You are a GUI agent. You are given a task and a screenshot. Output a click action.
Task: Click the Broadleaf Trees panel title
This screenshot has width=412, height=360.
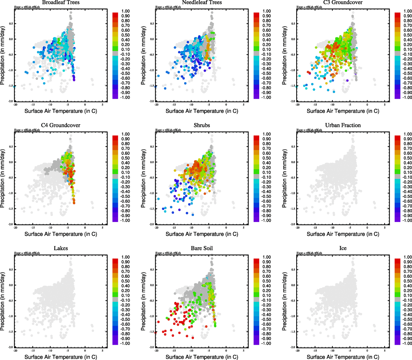(61, 2)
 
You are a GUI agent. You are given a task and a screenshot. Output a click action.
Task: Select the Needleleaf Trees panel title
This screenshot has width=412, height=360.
(202, 2)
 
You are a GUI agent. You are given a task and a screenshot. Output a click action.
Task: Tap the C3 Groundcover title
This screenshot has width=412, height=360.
(343, 2)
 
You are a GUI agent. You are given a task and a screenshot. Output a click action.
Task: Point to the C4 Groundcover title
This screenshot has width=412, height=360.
(61, 125)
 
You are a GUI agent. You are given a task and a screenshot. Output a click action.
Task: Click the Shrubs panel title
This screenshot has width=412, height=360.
(202, 125)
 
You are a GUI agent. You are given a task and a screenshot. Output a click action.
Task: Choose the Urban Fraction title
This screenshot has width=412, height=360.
(343, 125)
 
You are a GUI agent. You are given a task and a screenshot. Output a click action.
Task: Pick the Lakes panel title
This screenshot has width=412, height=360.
(61, 248)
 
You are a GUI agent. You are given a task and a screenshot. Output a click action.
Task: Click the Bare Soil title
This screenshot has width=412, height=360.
(202, 248)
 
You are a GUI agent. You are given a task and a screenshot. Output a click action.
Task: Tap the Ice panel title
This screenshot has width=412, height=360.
(343, 248)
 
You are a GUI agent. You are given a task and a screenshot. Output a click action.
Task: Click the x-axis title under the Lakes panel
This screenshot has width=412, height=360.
(61, 357)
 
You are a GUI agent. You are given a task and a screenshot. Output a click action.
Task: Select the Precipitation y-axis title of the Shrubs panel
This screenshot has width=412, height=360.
(143, 178)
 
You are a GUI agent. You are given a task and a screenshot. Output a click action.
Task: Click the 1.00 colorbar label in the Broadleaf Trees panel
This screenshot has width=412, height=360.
(125, 11)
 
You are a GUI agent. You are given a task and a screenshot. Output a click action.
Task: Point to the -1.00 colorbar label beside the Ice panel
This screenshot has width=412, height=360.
(407, 343)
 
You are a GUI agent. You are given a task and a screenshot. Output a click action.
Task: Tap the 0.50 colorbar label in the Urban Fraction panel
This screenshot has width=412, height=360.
(407, 158)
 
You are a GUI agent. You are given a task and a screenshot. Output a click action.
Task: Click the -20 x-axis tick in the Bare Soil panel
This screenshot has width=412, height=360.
(156, 350)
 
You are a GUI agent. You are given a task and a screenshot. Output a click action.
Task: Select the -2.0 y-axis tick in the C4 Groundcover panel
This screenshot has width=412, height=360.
(11, 224)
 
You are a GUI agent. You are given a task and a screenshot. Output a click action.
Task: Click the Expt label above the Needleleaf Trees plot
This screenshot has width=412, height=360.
(168, 7)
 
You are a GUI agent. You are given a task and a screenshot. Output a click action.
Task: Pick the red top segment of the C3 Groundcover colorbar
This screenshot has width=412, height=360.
(397, 15)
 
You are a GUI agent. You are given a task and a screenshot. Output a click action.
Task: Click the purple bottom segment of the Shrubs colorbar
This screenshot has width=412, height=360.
(256, 220)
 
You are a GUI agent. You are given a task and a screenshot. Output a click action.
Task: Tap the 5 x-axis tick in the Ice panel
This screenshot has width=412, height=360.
(385, 350)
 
